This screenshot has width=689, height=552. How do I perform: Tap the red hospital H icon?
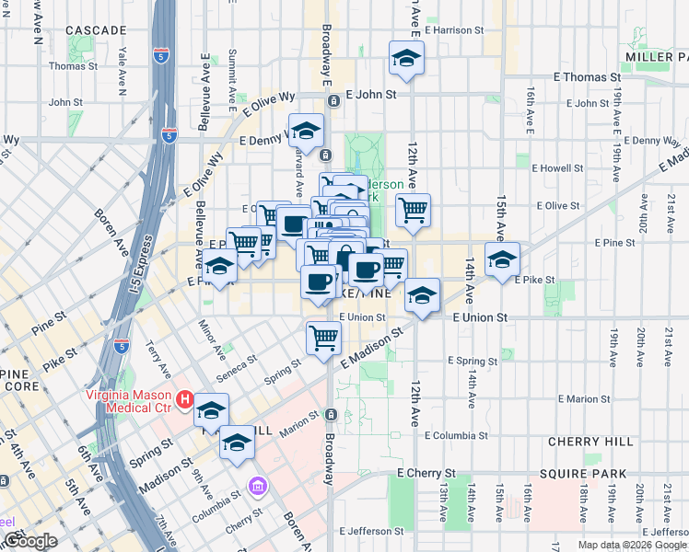point(184,400)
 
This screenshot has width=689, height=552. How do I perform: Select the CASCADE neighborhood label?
point(96,30)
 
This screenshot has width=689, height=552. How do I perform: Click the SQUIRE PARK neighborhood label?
point(585,474)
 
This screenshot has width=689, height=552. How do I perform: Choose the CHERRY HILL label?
point(586,442)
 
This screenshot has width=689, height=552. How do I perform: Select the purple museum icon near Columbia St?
point(258,485)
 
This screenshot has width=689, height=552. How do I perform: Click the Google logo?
point(29,541)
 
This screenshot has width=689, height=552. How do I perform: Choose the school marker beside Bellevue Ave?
point(219,268)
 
